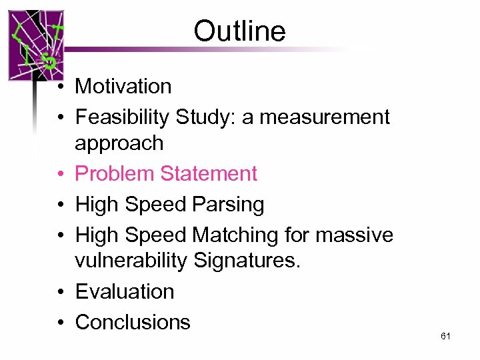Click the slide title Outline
click(239, 31)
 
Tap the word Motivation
click(123, 86)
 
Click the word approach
click(119, 143)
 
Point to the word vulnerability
click(131, 261)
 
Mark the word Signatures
click(247, 261)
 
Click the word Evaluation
click(125, 291)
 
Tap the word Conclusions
click(133, 322)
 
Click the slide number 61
click(445, 337)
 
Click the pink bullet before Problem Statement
click(60, 174)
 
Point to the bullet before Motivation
click(60, 87)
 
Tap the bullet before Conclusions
click(60, 323)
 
